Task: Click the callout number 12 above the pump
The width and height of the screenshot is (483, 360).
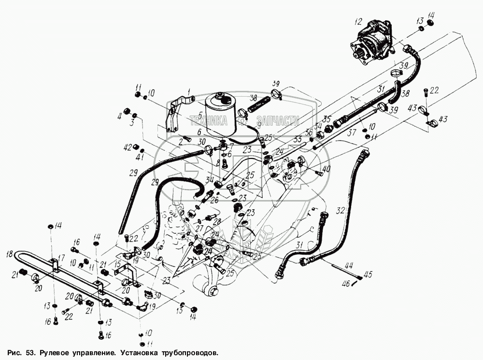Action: tap(357, 22)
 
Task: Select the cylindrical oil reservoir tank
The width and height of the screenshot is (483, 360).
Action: tap(222, 115)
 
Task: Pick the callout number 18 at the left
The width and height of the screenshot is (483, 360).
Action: tap(9, 253)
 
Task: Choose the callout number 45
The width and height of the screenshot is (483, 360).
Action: tap(369, 275)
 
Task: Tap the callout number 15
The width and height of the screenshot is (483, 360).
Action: tap(117, 264)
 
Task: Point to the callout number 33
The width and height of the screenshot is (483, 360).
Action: tap(298, 139)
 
